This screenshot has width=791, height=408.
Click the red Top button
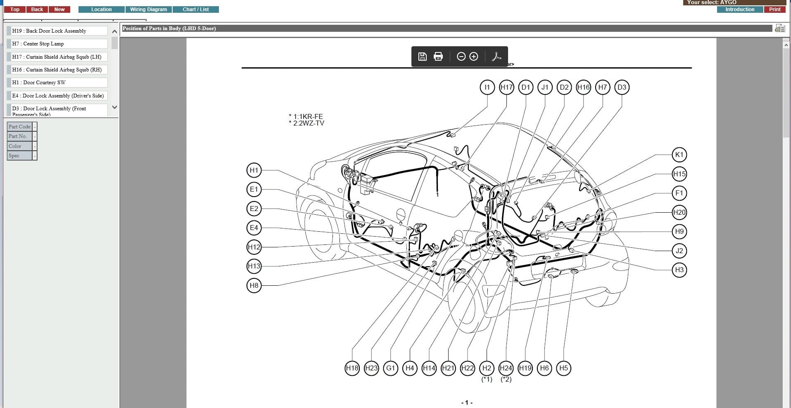pyautogui.click(x=15, y=9)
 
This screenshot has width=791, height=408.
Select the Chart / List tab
pyautogui.click(x=195, y=9)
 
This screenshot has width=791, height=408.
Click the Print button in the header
pyautogui.click(x=774, y=9)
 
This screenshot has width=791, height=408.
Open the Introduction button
pyautogui.click(x=739, y=9)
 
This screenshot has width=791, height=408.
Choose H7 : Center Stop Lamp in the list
pyautogui.click(x=58, y=44)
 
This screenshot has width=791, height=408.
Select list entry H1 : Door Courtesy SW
pyautogui.click(x=58, y=83)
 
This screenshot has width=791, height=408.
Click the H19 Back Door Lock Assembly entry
pyautogui.click(x=58, y=31)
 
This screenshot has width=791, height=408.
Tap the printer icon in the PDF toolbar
pyautogui.click(x=438, y=57)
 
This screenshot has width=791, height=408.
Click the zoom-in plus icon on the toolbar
pyautogui.click(x=474, y=57)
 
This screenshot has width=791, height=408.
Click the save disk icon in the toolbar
pyautogui.click(x=422, y=57)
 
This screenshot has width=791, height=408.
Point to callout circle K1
pyautogui.click(x=679, y=155)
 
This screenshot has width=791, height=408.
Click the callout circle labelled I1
pyautogui.click(x=487, y=87)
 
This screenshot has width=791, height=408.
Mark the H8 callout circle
pyautogui.click(x=254, y=285)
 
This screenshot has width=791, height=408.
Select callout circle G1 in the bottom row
pyautogui.click(x=390, y=368)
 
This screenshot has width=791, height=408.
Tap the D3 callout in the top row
pyautogui.click(x=622, y=87)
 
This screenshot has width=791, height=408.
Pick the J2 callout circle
pyautogui.click(x=679, y=251)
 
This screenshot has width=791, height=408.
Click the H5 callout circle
pyautogui.click(x=563, y=368)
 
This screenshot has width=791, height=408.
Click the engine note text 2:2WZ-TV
pyautogui.click(x=308, y=123)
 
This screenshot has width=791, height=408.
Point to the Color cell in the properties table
pyautogui.click(x=19, y=146)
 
